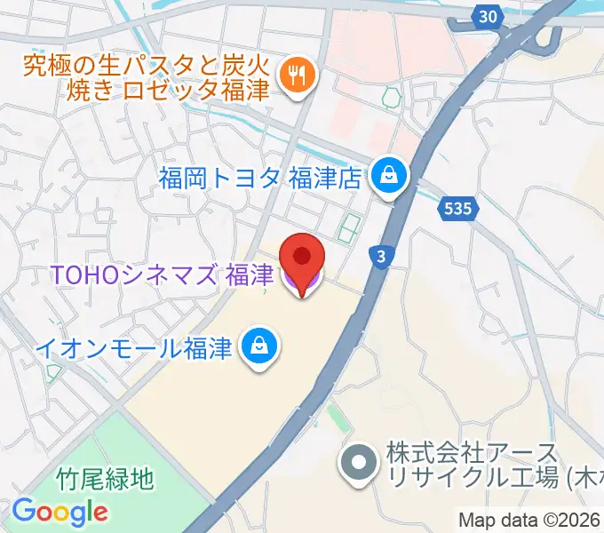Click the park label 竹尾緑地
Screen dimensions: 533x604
[x=107, y=480]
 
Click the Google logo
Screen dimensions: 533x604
[x=60, y=512]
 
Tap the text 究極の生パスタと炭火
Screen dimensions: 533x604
[x=144, y=64]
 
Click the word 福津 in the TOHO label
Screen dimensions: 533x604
[x=250, y=276]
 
